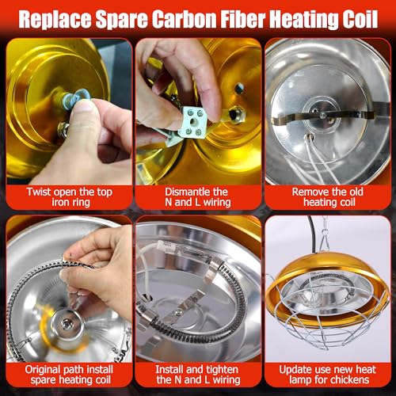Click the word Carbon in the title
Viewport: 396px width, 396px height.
[187, 19]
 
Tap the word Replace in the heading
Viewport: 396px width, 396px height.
[55, 20]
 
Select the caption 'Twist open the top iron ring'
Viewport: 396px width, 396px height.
[70, 197]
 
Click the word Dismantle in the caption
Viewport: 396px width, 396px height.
[182, 192]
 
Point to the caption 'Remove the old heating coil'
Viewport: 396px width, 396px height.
[328, 197]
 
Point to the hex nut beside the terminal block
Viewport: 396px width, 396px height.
[237, 115]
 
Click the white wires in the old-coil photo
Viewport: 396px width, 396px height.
[322, 161]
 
